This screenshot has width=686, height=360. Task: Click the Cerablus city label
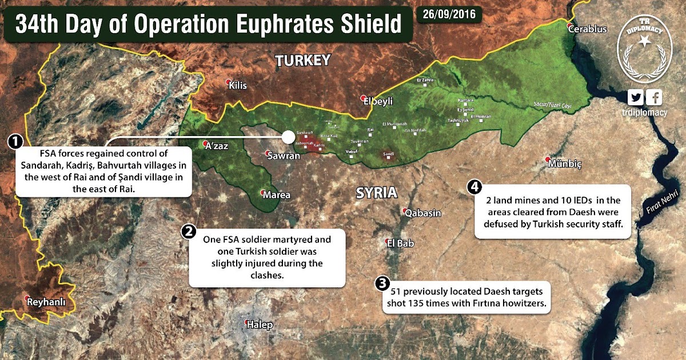pyautogui.click(x=590, y=29)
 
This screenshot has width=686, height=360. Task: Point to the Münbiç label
pyautogui.click(x=565, y=164)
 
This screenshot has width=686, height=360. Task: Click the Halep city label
pyautogui.click(x=260, y=325)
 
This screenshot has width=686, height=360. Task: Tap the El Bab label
pyautogui.click(x=401, y=243)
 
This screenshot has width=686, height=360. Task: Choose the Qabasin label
pyautogui.click(x=423, y=213)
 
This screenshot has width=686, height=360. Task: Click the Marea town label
pyautogui.click(x=277, y=195)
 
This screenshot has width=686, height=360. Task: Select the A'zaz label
pyautogui.click(x=217, y=146)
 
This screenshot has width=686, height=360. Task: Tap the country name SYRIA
pyautogui.click(x=376, y=192)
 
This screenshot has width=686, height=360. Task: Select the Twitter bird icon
pyautogui.click(x=636, y=97)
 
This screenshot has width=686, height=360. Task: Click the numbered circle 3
pyautogui.click(x=382, y=283)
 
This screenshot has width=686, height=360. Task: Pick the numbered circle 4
pyautogui.click(x=475, y=186)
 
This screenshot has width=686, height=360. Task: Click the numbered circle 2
pyautogui.click(x=188, y=231)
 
